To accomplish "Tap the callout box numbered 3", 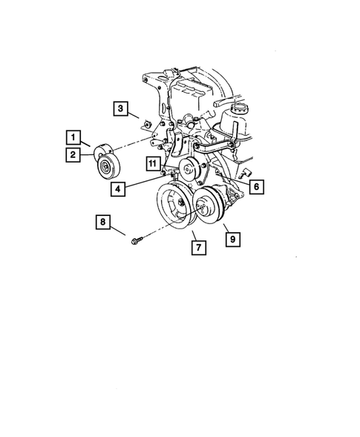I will click(120, 109).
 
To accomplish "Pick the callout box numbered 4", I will click(118, 188).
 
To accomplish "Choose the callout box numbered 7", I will click(197, 248).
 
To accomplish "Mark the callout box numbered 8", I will click(103, 220).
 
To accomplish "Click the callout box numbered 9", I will click(232, 239).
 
